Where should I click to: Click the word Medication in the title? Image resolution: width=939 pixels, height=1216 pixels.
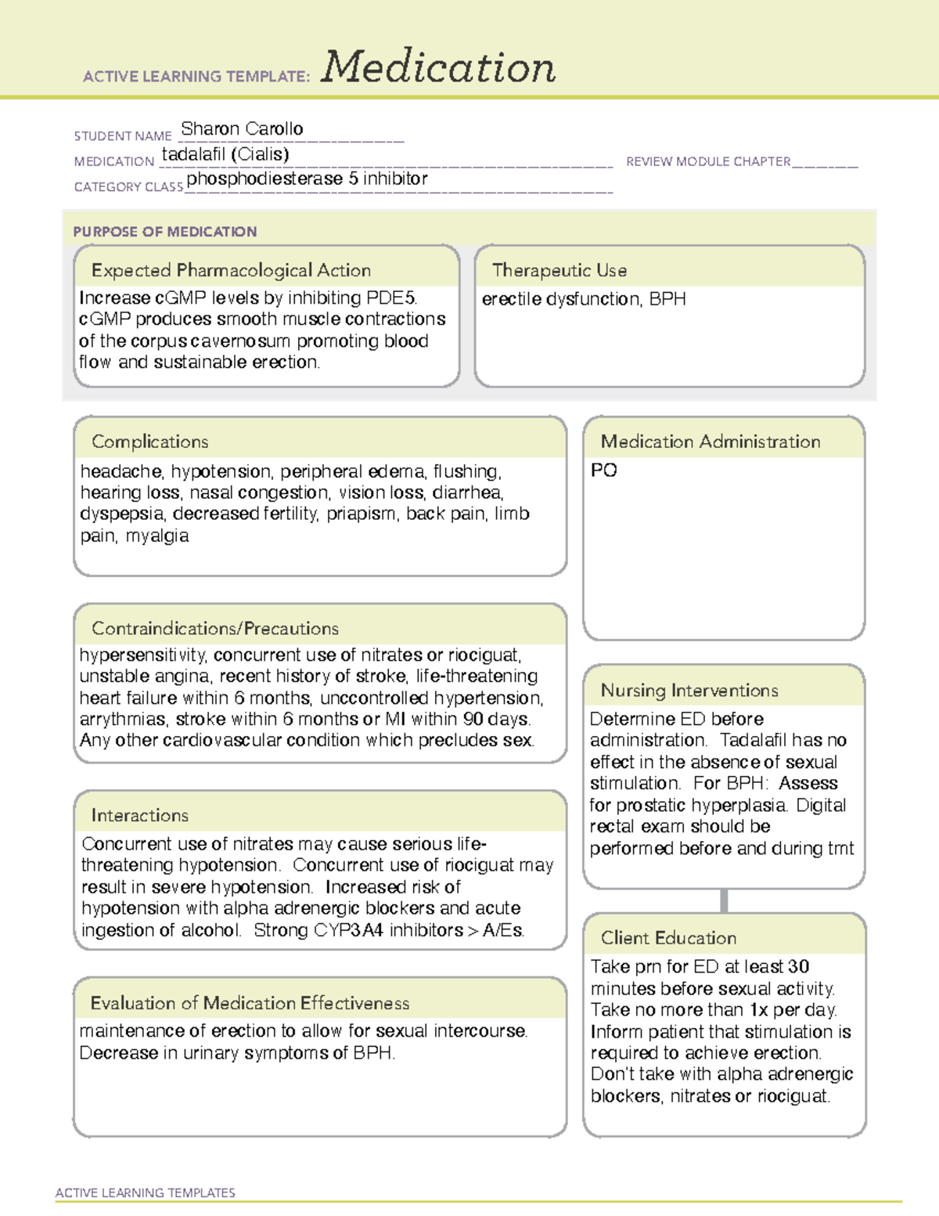(x=438, y=68)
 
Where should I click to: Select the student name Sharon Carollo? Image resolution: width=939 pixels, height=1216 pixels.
(x=242, y=128)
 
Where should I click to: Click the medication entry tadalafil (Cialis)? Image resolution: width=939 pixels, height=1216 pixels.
(x=225, y=154)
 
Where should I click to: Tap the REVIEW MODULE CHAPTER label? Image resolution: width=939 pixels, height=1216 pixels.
(x=708, y=161)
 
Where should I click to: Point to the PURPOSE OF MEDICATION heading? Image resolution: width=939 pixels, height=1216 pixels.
(x=165, y=232)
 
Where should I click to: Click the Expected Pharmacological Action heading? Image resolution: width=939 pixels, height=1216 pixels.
(x=231, y=270)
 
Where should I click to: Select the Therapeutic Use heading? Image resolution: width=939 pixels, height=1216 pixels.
(x=559, y=270)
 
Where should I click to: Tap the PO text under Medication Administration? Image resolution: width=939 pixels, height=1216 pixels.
(x=603, y=470)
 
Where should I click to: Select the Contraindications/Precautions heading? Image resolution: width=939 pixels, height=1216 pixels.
(x=215, y=628)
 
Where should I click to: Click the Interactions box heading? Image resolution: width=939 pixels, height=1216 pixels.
(x=140, y=815)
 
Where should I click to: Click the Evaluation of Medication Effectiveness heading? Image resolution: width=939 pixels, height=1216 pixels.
(x=250, y=1003)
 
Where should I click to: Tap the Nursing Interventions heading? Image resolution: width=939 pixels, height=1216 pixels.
(x=689, y=690)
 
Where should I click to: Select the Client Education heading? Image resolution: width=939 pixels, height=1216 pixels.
(x=668, y=937)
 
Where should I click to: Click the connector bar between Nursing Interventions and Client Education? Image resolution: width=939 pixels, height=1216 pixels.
(x=724, y=900)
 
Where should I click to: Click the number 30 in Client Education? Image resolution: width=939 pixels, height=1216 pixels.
(x=798, y=966)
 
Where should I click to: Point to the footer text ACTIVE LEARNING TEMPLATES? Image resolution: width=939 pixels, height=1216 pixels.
(x=146, y=1193)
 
